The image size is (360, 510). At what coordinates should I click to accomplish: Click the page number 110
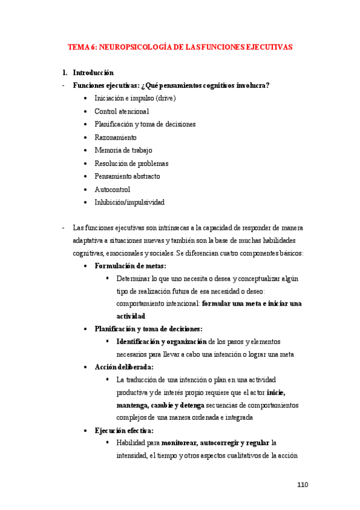click(303, 485)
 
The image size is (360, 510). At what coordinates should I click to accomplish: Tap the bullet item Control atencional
click(121, 111)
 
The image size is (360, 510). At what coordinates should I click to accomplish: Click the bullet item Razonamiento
click(115, 137)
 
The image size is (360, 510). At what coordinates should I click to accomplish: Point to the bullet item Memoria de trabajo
click(123, 150)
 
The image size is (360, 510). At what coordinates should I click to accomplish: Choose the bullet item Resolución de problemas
click(131, 164)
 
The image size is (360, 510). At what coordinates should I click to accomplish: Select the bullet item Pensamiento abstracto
click(127, 177)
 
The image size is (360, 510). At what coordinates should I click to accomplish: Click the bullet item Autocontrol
click(112, 189)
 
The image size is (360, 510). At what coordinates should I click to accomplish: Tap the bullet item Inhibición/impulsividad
click(129, 203)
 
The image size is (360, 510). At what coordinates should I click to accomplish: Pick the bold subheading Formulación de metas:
click(130, 266)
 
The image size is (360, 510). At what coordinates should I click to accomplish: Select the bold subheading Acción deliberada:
click(124, 367)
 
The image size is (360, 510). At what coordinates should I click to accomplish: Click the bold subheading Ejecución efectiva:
click(124, 430)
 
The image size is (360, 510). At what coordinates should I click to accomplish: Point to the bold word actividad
click(131, 316)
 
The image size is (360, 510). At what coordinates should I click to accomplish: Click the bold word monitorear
click(178, 443)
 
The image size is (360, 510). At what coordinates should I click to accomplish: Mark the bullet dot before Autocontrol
click(87, 189)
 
